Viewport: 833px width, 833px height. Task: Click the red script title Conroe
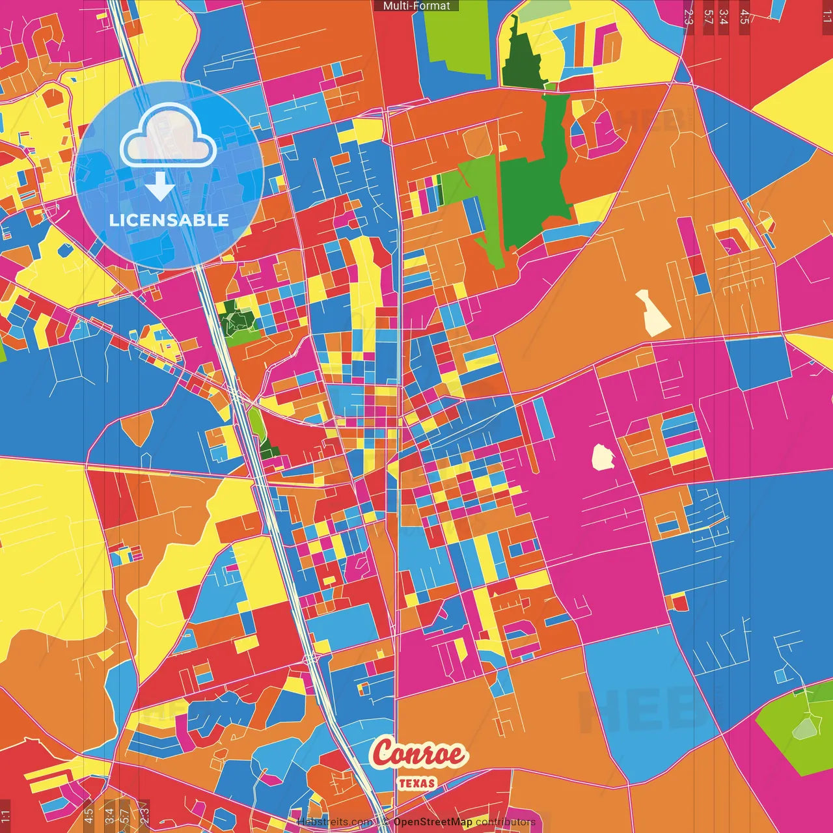pos(419,754)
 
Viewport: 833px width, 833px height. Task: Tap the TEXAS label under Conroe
pos(417,783)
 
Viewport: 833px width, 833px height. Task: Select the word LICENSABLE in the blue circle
pos(169,220)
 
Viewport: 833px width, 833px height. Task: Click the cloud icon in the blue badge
pos(169,135)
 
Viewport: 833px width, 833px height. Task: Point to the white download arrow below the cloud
pos(160,186)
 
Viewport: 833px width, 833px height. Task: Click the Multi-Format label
pos(416,6)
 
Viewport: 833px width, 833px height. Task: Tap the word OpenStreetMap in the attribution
pos(433,822)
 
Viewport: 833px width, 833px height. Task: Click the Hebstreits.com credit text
pos(335,822)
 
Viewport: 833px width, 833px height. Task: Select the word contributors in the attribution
pos(506,822)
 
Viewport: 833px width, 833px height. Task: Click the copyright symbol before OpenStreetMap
pos(386,822)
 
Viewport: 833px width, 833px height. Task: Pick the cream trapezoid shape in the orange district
pos(653,313)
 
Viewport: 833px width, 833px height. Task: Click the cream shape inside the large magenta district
pos(603,457)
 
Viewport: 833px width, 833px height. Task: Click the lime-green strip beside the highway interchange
pos(257,423)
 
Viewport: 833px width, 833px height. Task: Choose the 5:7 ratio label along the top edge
pos(708,17)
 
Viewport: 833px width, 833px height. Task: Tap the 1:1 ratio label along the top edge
pos(826,17)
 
